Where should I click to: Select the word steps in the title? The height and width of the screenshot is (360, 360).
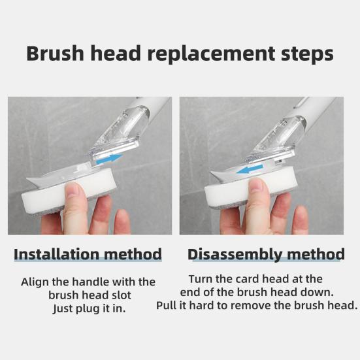tap(302, 54)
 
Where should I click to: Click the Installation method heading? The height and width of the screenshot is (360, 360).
tap(88, 254)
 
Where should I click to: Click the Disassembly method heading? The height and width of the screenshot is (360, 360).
tap(266, 254)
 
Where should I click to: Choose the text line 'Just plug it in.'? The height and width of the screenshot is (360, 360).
tap(89, 308)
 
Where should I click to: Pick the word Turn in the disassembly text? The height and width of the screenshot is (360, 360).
tap(201, 279)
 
